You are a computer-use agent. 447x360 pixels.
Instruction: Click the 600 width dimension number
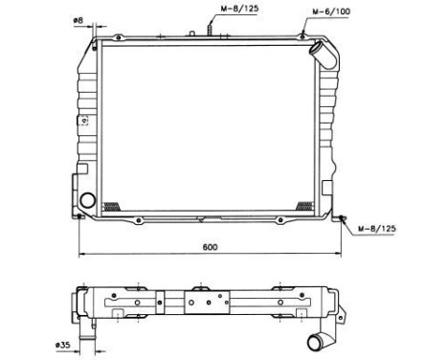210,247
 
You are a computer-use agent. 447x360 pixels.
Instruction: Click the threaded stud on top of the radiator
206,32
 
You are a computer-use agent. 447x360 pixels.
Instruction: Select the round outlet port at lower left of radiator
88,201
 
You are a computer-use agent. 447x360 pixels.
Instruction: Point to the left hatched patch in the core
112,206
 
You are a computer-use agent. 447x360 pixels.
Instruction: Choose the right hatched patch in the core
305,206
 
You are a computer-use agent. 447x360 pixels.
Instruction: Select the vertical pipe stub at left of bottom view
92,337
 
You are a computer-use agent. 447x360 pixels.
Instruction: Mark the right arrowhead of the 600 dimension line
339,254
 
